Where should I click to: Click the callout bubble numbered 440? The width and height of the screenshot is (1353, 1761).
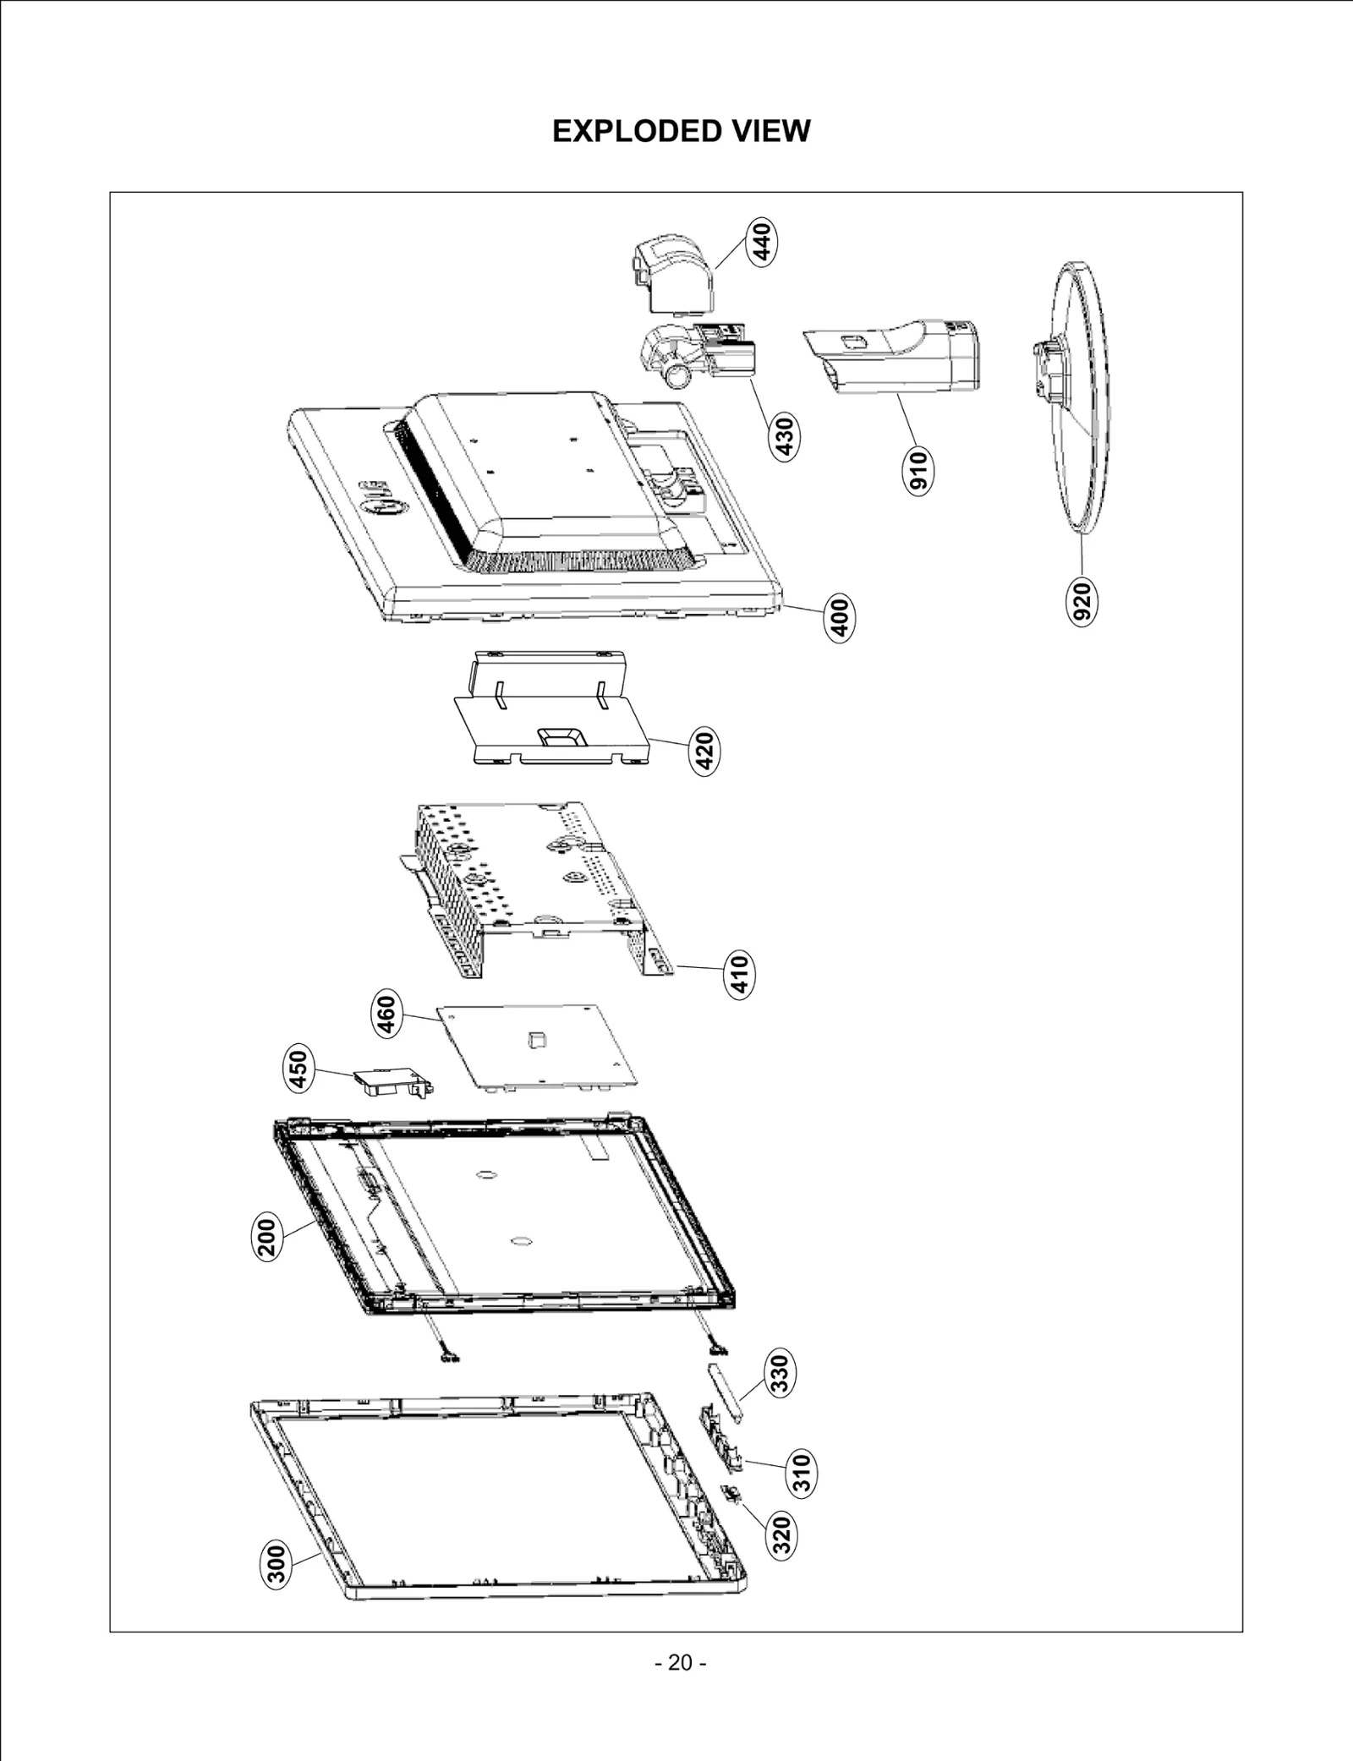(x=762, y=242)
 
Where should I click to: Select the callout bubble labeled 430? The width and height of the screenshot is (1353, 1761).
(x=786, y=436)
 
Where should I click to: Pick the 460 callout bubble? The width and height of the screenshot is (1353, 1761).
(x=386, y=1015)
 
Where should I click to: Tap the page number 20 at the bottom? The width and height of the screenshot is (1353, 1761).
(x=681, y=1662)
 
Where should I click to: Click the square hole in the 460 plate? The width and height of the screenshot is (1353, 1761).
(x=536, y=1040)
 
